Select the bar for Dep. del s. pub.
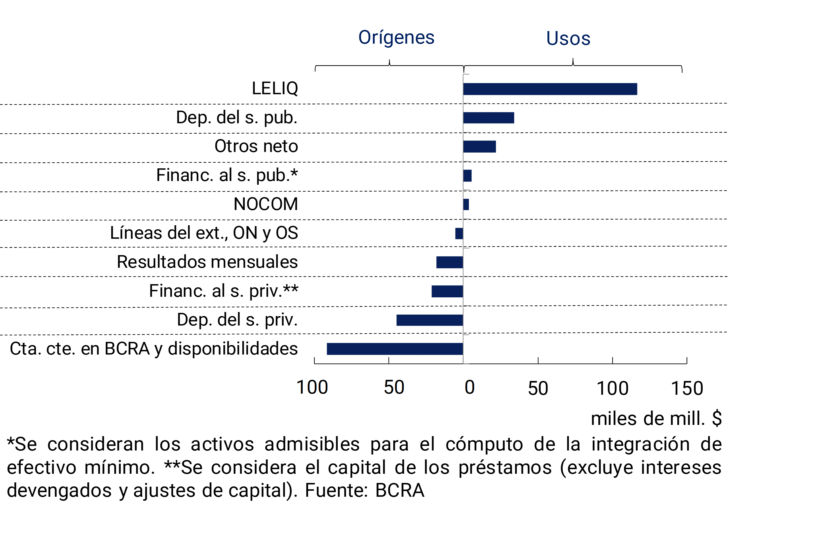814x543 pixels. tap(489, 118)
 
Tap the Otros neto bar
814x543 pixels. tap(479, 147)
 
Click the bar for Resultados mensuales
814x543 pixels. tap(450, 262)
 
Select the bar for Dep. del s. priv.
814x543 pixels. tap(430, 320)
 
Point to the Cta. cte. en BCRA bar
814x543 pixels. tap(395, 349)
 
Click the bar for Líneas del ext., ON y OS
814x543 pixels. tap(459, 233)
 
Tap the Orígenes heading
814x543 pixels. tap(396, 37)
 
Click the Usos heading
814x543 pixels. tap(568, 38)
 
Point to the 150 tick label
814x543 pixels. tap(687, 388)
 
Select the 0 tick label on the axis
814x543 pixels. tap(469, 387)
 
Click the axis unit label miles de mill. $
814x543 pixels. tap(656, 418)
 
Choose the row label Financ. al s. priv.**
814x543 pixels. tap(224, 291)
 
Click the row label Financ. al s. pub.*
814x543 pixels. tap(227, 175)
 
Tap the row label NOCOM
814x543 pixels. tap(266, 204)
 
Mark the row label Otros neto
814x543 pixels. tap(256, 146)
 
